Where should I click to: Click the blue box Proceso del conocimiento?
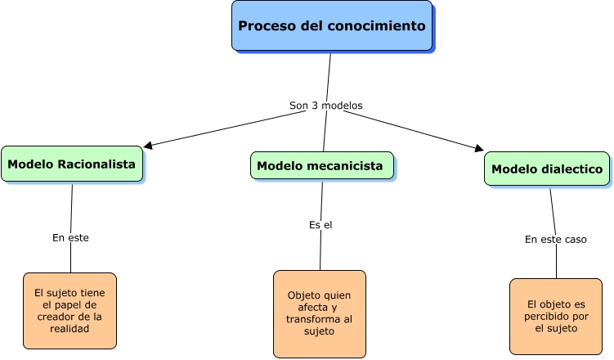point(331,26)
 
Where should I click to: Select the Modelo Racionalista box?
point(72,164)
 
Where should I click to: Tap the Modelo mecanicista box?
point(320,166)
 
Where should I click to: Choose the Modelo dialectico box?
point(546,169)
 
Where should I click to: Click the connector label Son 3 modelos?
point(325,106)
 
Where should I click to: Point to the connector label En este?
point(70,237)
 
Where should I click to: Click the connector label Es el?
point(320,224)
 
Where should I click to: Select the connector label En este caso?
point(556,240)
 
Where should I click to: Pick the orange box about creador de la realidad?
point(69,310)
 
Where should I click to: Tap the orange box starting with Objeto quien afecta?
point(320,313)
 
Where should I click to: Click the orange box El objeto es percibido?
point(555,316)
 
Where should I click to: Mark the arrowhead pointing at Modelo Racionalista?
point(148,146)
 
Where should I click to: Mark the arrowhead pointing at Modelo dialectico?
point(479,149)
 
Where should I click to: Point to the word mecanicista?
point(345,166)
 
